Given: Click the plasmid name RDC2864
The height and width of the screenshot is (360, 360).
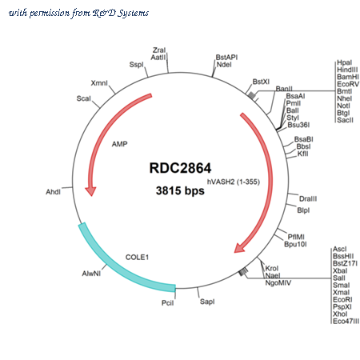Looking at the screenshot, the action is click(x=180, y=168).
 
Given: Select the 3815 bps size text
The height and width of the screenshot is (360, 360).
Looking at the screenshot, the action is click(x=180, y=190).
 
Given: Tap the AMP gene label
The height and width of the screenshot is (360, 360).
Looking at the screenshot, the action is click(x=119, y=144).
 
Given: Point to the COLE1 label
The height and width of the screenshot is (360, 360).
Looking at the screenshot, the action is click(x=137, y=258).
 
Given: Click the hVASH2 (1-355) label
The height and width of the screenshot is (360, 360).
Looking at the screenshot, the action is click(x=234, y=182).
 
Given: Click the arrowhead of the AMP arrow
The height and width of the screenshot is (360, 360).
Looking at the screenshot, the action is click(x=90, y=191).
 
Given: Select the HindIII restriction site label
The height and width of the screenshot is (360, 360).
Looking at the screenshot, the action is click(x=347, y=70).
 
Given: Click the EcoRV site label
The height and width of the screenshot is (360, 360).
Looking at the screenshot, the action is click(x=348, y=84).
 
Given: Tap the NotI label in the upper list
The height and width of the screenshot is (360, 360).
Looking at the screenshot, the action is click(x=343, y=106).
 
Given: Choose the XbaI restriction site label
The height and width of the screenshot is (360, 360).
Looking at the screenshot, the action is click(x=340, y=270).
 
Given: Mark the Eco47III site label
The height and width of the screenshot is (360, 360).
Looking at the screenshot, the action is click(x=346, y=321).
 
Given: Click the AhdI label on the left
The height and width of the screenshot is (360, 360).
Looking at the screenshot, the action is click(x=53, y=192).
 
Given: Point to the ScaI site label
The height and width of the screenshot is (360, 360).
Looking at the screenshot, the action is click(x=84, y=98).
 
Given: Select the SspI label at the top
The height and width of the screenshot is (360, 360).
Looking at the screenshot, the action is click(x=136, y=65).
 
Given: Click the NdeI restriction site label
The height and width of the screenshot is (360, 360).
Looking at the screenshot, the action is click(x=224, y=65).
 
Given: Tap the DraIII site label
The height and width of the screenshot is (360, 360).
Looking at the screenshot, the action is click(x=308, y=198).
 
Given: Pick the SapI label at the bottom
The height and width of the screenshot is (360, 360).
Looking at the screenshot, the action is click(x=207, y=302).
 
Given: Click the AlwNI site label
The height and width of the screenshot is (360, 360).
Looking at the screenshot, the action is click(x=91, y=274).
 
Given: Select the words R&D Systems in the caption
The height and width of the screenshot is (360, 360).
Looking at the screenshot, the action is click(x=121, y=13).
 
